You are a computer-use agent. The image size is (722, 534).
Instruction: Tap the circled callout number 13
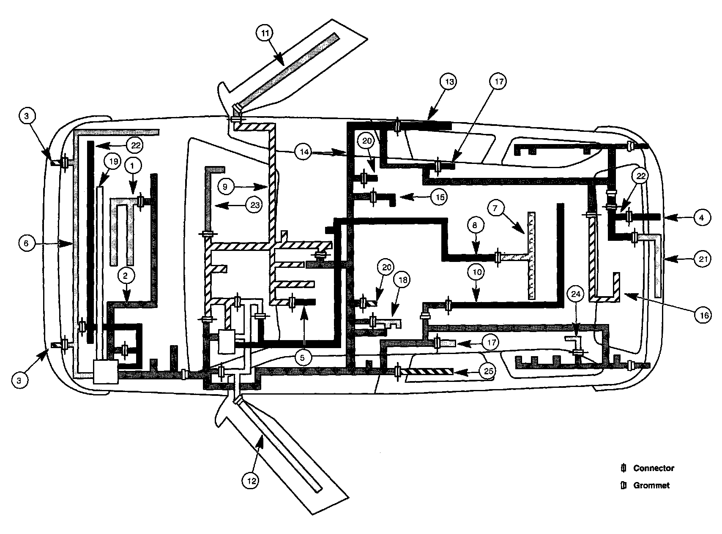coord(449,82)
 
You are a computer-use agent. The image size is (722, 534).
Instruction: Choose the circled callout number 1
coord(133,167)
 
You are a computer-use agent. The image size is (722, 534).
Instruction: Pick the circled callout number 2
coord(126,276)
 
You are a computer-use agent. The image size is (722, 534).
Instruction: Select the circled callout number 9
coord(226,186)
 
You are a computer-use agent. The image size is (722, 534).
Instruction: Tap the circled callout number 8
coord(474,225)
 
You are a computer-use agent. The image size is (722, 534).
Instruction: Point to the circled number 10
coord(476,272)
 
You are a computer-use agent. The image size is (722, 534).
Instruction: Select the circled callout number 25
coord(489,372)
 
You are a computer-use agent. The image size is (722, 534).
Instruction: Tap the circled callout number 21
coord(703,260)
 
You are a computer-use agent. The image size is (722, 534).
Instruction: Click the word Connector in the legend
coord(654,468)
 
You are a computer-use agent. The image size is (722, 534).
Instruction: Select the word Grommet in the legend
coord(651,485)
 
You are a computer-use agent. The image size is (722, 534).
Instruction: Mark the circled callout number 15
coord(440,197)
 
